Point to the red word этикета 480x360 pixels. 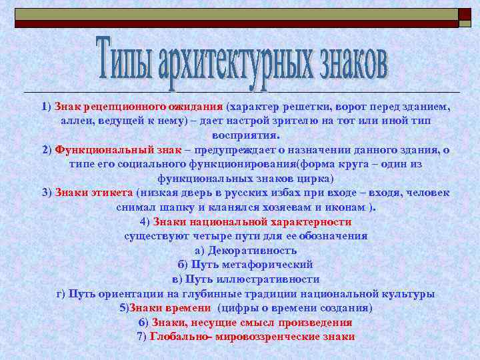tap(108, 193)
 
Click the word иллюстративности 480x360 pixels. tap(270, 279)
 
